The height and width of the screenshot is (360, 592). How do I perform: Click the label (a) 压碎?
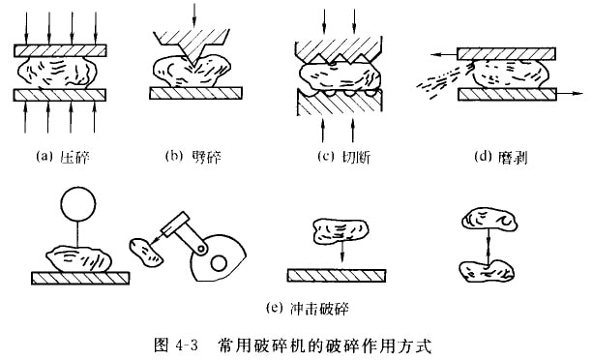[x=63, y=157]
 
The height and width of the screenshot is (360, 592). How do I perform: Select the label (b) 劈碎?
[x=192, y=156]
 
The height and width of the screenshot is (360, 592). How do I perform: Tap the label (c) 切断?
[x=343, y=157]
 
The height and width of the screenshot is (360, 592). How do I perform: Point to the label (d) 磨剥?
[x=501, y=157]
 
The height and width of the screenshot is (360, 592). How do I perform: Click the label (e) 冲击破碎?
[x=307, y=309]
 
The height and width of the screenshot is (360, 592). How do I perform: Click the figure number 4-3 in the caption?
[x=187, y=345]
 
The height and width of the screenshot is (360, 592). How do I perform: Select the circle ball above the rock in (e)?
[x=78, y=203]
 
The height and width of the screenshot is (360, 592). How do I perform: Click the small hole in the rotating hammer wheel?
[x=219, y=263]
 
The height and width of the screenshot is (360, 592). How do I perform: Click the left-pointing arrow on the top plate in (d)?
[x=444, y=55]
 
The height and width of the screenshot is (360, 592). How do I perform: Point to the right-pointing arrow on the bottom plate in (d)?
[x=570, y=93]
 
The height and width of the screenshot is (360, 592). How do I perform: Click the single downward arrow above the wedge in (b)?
[x=194, y=15]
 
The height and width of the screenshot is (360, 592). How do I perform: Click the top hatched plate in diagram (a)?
[x=60, y=50]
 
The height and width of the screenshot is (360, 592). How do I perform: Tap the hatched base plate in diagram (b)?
[x=195, y=93]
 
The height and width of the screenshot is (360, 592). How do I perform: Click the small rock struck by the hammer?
[x=146, y=252]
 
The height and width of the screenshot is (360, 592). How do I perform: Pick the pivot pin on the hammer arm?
[x=202, y=249]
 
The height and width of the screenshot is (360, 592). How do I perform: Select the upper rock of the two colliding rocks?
[x=489, y=221]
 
